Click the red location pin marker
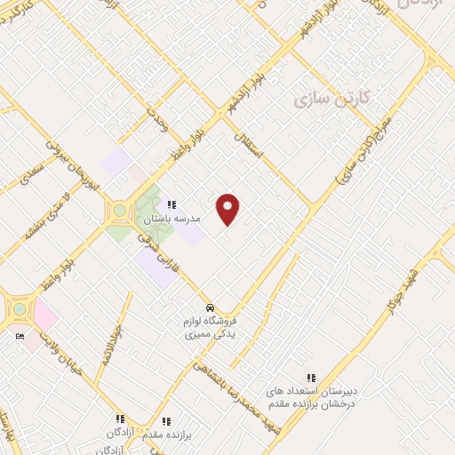[x=228, y=209]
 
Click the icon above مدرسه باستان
[x=172, y=204]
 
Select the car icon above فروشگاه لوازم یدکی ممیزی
[x=210, y=299]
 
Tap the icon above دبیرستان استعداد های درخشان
[x=311, y=378]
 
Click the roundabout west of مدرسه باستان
[x=119, y=211]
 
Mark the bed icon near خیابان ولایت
[x=20, y=338]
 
